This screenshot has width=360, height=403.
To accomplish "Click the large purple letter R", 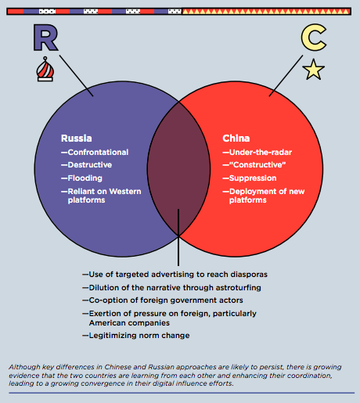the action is click(45, 38).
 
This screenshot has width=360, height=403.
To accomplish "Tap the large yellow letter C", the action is click(313, 38).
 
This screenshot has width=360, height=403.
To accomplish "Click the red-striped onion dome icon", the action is click(45, 69).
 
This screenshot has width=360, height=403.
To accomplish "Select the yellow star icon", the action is click(313, 70).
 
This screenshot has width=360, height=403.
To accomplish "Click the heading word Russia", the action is click(77, 139).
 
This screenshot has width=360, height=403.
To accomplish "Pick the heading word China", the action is click(236, 139).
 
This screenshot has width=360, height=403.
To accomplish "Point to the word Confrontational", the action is click(98, 152).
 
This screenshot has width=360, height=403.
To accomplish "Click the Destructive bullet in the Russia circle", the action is click(87, 165).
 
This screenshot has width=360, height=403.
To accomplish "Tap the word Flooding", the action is click(85, 178).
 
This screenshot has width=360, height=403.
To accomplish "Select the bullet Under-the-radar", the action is click(257, 152).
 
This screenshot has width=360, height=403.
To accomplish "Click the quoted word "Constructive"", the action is click(257, 165).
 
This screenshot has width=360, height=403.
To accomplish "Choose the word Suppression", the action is click(253, 178).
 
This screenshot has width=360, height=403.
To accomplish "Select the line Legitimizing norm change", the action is click(136, 336).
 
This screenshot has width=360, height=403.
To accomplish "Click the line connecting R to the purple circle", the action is click(76, 76).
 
